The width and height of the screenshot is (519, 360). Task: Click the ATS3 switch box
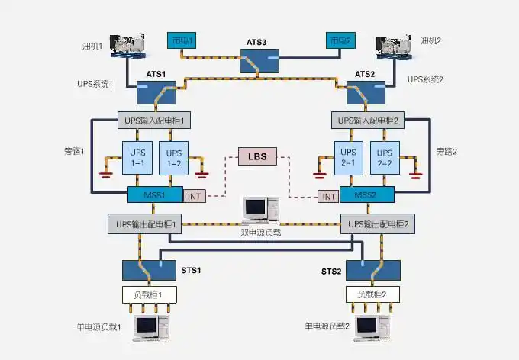point(260,63)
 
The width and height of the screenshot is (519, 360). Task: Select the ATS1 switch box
point(156,93)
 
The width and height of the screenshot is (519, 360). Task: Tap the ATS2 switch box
point(366,93)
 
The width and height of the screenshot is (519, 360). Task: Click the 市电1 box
point(182,40)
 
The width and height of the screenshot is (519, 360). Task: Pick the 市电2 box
point(340,40)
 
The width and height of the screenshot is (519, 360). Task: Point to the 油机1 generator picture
point(129,46)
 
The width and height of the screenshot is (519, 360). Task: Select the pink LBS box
point(259,157)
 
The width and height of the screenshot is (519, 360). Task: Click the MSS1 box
point(156,194)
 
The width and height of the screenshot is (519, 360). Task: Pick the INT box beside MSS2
point(329,197)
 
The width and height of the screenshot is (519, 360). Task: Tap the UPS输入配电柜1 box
point(156,121)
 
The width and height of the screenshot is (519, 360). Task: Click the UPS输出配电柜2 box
point(378,224)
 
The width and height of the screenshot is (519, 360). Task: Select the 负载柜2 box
point(367,294)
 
